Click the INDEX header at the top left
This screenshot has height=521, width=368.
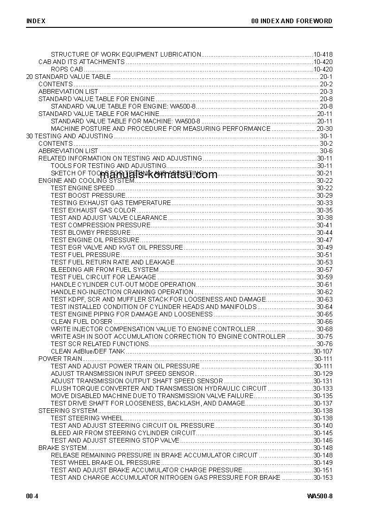pyautogui.click(x=36, y=21)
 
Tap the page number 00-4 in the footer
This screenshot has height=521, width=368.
pyautogui.click(x=32, y=496)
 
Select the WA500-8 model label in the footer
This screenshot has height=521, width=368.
pyautogui.click(x=319, y=496)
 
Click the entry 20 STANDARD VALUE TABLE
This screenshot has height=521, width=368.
pyautogui.click(x=69, y=77)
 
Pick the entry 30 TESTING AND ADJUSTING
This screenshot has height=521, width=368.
pyautogui.click(x=70, y=136)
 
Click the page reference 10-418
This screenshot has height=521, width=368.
pyautogui.click(x=323, y=54)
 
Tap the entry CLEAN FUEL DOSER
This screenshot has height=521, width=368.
pyautogui.click(x=82, y=322)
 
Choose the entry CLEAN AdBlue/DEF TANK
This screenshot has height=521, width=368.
pyautogui.click(x=88, y=351)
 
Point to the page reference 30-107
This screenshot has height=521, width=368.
pyautogui.click(x=323, y=351)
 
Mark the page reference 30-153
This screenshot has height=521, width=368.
pyautogui.click(x=323, y=477)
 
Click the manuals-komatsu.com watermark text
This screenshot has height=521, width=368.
pyautogui.click(x=159, y=175)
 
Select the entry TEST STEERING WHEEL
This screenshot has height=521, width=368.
pyautogui.click(x=87, y=418)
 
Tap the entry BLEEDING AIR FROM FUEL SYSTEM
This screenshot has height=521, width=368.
pyautogui.click(x=105, y=270)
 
